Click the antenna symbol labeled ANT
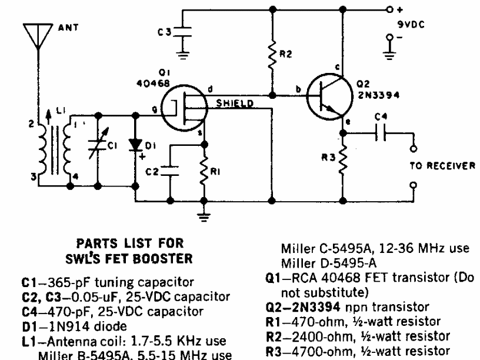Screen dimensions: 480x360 pyautogui.click(x=38, y=36)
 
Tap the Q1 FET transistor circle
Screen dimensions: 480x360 pyautogui.click(x=184, y=108)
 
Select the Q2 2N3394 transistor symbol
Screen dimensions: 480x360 pyautogui.click(x=329, y=96)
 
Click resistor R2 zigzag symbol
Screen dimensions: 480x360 pyautogui.click(x=272, y=56)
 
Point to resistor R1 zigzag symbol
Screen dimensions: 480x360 pyautogui.click(x=204, y=171)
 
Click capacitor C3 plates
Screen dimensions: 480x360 pyautogui.click(x=182, y=32)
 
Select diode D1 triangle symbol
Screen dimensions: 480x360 pyautogui.click(x=135, y=145)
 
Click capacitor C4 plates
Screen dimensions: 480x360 pyautogui.click(x=381, y=133)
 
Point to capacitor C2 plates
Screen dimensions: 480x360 pyautogui.click(x=170, y=171)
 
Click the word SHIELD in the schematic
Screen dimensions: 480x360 pyautogui.click(x=235, y=103)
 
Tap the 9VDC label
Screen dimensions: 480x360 pyautogui.click(x=411, y=25)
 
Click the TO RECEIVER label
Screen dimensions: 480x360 pyautogui.click(x=442, y=166)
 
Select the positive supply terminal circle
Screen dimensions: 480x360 pyautogui.click(x=389, y=10)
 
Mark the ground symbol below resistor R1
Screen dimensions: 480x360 pyautogui.click(x=204, y=216)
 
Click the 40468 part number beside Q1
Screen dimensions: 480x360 pyautogui.click(x=153, y=84)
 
